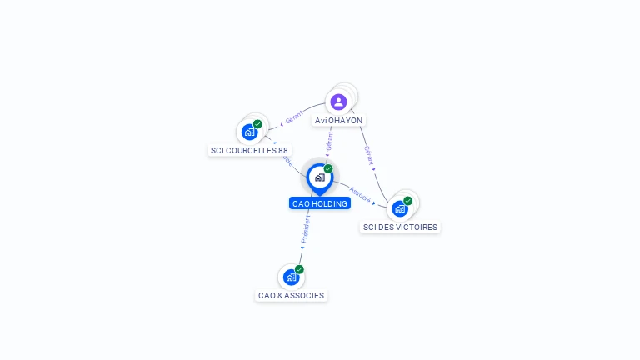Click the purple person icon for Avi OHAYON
pos(338,102)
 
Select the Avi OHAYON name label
pos(338,120)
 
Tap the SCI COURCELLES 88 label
pos(249,150)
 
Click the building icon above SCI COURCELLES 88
pos(248,132)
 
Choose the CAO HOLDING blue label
pos(320,203)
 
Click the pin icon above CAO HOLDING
pos(320,177)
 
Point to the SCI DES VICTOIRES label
pos(400,227)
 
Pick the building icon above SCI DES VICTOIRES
pos(399,208)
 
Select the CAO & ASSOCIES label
pos(291,295)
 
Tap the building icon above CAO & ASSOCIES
pos(290,277)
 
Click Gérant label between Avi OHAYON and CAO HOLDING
pos(329,141)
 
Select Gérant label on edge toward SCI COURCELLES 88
pos(293,117)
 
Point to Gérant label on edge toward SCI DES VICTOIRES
pos(368,156)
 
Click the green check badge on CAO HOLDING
pos(328,168)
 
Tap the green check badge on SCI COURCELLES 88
pos(257,124)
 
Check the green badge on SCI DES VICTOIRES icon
pos(408,201)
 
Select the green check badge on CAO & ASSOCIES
pos(299,269)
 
